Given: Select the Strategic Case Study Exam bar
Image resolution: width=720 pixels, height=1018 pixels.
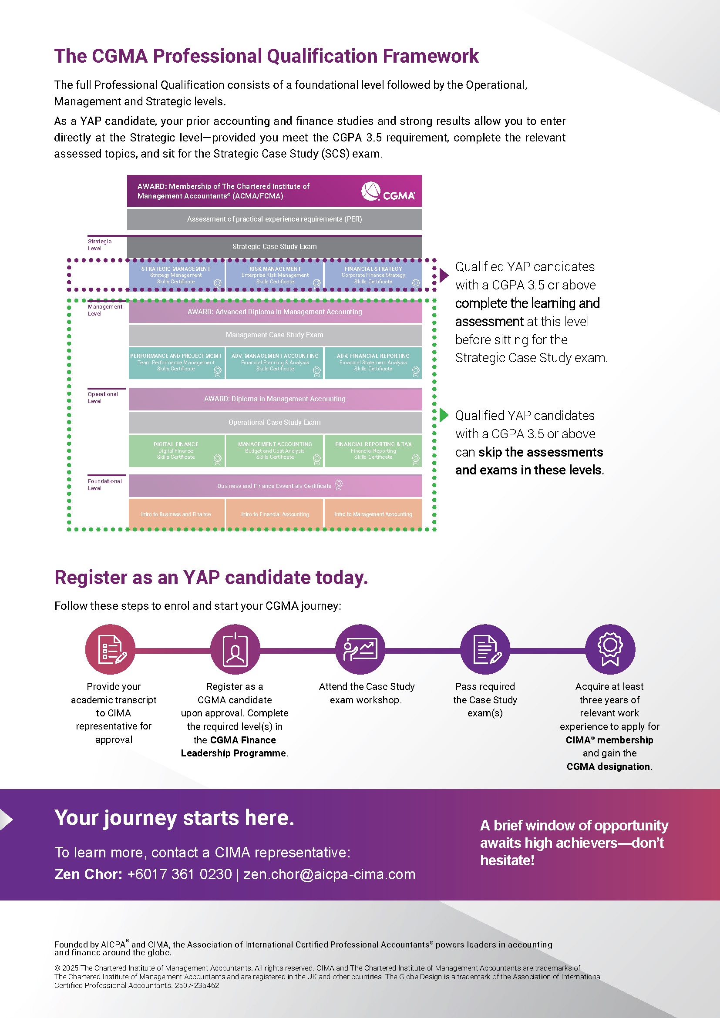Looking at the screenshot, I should click(x=274, y=246).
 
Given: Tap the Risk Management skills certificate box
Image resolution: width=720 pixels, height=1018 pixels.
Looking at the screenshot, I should click(x=274, y=275).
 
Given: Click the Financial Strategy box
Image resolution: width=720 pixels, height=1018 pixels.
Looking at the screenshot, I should click(x=373, y=275).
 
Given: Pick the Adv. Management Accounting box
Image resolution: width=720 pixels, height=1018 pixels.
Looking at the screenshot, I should click(x=274, y=363).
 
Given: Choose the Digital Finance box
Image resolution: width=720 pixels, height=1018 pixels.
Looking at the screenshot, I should click(x=176, y=450).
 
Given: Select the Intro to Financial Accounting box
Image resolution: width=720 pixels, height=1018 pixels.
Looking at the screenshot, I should click(x=274, y=514).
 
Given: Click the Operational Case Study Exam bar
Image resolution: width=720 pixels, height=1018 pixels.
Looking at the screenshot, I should click(x=274, y=423).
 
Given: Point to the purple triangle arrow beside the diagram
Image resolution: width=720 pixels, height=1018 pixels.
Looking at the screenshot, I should click(x=444, y=275).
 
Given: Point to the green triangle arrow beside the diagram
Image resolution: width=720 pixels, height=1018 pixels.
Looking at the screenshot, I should click(x=444, y=416).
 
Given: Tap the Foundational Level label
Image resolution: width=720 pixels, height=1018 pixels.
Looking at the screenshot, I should click(x=104, y=484).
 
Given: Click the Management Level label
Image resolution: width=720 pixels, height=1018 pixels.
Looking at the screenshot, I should click(x=104, y=310).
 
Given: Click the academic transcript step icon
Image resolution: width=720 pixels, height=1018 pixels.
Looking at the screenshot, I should click(x=110, y=649).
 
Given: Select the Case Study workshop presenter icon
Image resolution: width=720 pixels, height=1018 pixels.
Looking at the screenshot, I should click(x=360, y=649).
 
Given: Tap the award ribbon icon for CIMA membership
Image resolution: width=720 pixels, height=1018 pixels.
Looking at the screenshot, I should click(x=609, y=649).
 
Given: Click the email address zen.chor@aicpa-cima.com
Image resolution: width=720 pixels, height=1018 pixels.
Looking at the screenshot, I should click(x=330, y=874).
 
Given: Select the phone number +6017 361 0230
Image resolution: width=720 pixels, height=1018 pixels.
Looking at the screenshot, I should click(x=179, y=874).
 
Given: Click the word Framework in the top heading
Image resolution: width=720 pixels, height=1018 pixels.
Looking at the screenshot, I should click(x=431, y=56).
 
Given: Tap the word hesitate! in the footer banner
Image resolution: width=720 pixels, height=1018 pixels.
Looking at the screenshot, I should click(x=507, y=860).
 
